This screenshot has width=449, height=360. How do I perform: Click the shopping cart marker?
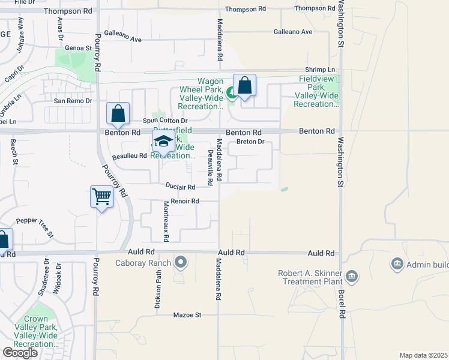pos(102,196)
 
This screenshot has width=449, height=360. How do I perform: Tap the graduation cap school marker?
pos(162,142)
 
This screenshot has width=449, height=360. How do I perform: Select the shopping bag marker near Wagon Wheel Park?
pos(244,85)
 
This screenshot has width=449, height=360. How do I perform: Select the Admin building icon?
pos(396,264)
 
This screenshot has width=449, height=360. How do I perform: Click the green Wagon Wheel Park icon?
pos(231,92)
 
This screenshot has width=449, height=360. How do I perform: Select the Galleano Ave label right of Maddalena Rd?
pos(293,31)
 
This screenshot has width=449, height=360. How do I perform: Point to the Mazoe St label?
pos(187,314)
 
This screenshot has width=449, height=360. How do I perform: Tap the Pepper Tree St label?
pos(35,227)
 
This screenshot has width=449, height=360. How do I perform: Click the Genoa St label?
pos(80,47)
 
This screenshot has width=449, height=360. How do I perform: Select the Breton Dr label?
pos(250,142)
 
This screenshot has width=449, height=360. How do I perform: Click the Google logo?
pos(20,353)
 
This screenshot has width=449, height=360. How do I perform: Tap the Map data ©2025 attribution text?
pos(423,355)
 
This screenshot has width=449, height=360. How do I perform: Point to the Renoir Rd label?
pos(184,201)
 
